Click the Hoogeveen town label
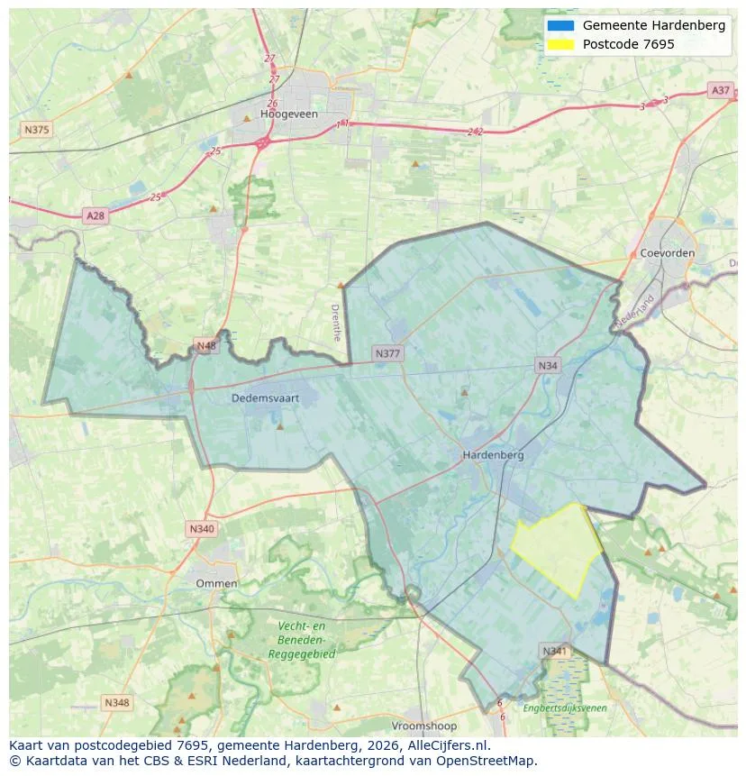(x=284, y=114)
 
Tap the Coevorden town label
(x=668, y=253)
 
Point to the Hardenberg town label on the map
(x=493, y=455)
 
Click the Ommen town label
(x=217, y=583)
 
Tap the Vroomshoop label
(x=424, y=726)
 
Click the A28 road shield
(x=95, y=215)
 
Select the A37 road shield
(x=720, y=90)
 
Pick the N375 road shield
(x=36, y=130)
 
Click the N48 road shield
(x=206, y=346)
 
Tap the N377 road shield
(x=387, y=353)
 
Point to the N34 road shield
(x=548, y=365)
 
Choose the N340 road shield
(x=202, y=529)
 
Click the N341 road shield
(x=554, y=651)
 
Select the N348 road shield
(x=117, y=702)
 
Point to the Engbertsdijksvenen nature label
(x=565, y=708)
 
